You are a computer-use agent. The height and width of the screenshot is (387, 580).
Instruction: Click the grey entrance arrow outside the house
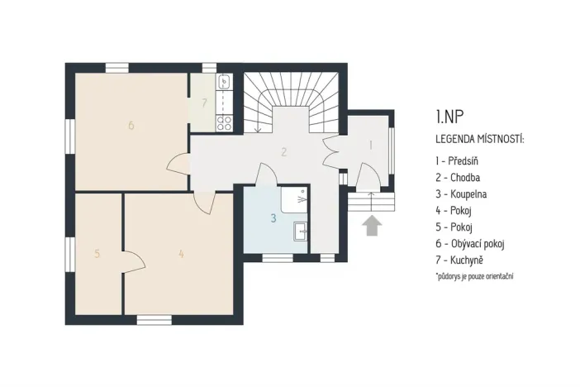coord(371,225)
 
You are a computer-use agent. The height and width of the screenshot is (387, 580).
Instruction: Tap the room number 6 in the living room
coord(131,126)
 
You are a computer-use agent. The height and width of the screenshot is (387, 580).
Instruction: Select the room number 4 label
coord(181,254)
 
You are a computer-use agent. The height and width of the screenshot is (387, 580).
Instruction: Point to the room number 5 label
coord(97,254)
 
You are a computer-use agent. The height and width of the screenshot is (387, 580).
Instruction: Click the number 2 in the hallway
coord(283,151)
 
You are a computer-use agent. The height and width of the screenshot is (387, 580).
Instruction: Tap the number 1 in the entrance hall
coord(370,145)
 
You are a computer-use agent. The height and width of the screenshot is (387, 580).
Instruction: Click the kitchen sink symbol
coord(223,83)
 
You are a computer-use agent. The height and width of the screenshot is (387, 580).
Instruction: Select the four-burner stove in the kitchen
coord(223,122)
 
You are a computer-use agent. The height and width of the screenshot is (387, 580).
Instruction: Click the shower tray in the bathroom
coord(294,199)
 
